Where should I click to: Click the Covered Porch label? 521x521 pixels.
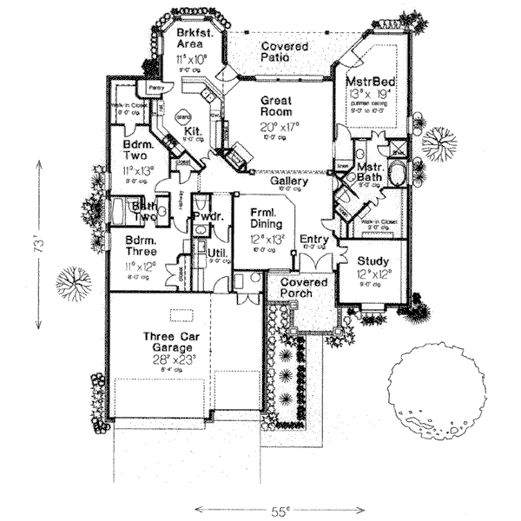[298, 287]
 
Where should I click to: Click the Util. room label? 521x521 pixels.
[217, 253]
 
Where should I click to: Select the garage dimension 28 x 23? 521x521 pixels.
[174, 359]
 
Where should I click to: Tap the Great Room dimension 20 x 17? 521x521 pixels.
[280, 126]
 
